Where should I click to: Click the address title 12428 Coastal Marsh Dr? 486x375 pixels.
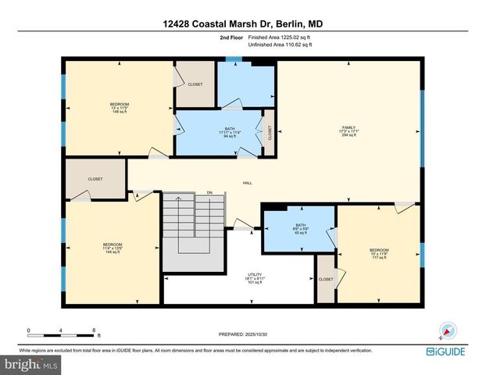point(242,24)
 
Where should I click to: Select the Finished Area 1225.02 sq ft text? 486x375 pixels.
point(279,37)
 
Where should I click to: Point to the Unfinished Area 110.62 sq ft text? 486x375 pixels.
point(279,45)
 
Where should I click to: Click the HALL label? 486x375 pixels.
point(247,183)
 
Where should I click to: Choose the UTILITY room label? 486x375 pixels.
point(255,278)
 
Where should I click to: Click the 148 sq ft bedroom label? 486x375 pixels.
point(119,109)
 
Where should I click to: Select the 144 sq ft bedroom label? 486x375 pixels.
point(113,248)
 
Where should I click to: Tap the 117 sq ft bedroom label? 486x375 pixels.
point(379,254)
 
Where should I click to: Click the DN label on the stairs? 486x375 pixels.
point(209,192)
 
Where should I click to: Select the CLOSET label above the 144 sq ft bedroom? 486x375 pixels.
point(95,179)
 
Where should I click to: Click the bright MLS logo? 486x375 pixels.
point(30,363)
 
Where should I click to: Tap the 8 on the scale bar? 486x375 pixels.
point(94,330)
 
